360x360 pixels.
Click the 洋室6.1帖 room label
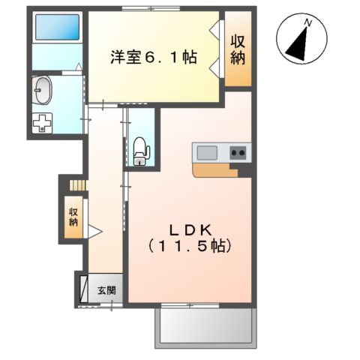[154, 56]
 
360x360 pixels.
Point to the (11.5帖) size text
[188, 245]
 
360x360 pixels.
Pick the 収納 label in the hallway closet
[73, 216]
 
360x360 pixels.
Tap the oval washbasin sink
[43, 91]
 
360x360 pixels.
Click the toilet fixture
[140, 150]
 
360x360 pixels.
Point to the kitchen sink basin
[208, 153]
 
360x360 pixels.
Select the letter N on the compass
[307, 25]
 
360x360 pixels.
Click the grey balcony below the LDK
[205, 328]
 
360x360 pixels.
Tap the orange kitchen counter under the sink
[217, 169]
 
